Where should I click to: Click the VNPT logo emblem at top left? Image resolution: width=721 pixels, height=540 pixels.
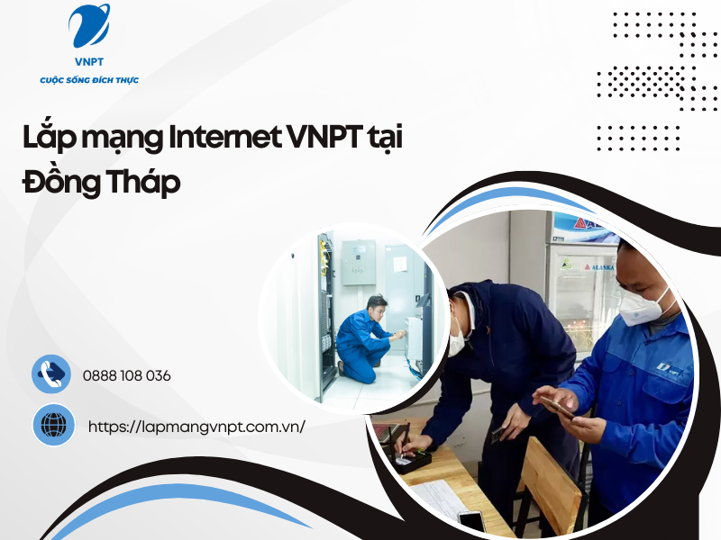click(89, 27)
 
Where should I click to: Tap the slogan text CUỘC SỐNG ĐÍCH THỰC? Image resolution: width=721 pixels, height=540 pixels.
click(89, 81)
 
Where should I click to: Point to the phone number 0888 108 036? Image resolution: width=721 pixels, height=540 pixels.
click(126, 375)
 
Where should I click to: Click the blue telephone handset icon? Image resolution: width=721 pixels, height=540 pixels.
click(52, 373)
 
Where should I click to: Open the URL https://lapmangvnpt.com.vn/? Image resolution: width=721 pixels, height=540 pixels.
click(196, 426)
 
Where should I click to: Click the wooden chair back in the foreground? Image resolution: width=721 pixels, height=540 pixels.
click(551, 486)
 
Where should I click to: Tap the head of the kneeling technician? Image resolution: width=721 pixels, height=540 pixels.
click(376, 303)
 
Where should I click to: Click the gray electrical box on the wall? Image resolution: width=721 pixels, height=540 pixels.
click(358, 263)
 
